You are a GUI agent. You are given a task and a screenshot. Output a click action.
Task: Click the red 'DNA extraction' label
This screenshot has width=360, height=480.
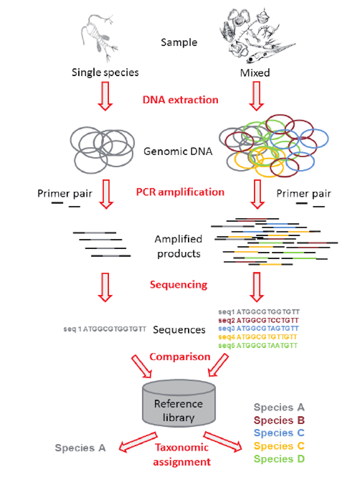point(180,100)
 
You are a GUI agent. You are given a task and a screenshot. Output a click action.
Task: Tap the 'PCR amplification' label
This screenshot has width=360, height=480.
point(180,192)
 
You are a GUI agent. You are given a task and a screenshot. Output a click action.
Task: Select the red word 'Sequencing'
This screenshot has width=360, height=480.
point(179,285)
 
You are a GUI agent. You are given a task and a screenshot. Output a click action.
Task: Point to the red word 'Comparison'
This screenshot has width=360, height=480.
point(180,356)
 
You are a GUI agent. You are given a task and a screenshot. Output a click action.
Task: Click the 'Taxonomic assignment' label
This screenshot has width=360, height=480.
point(182,454)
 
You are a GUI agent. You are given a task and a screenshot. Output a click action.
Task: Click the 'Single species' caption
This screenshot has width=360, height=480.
point(105,73)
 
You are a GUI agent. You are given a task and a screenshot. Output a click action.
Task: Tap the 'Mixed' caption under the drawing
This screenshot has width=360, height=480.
point(255,73)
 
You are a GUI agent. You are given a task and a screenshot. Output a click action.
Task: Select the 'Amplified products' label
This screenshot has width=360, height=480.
point(178,245)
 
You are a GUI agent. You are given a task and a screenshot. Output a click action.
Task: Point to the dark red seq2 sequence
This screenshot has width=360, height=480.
point(258,320)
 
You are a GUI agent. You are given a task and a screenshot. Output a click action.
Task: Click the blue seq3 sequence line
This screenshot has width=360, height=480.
point(258,328)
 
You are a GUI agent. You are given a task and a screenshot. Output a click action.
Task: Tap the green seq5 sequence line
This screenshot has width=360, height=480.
point(258,345)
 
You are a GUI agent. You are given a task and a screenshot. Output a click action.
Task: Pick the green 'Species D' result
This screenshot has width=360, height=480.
point(279,459)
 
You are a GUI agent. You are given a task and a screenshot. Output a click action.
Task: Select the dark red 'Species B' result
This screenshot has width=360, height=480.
point(279,420)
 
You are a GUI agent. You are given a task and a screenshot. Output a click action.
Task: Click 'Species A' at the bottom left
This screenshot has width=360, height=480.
point(80,448)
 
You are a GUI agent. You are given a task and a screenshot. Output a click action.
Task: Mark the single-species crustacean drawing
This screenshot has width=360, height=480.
point(97,38)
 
